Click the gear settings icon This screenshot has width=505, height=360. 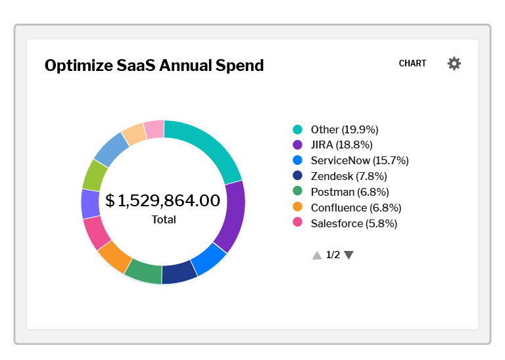coord(454,64)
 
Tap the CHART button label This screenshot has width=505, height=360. coord(412,64)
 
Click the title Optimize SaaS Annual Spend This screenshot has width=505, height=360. coord(154,66)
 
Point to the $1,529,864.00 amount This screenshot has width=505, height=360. coord(163,200)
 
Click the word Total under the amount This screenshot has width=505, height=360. coord(164,219)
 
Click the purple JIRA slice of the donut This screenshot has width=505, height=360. coord(233,217)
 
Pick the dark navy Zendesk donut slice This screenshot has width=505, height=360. coord(179,273)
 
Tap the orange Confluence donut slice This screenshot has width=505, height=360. coord(115,256)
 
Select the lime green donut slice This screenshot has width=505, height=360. coord(95,175)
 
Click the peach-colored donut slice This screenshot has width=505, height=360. coord(134,133)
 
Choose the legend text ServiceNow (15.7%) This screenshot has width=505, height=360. coord(360,160)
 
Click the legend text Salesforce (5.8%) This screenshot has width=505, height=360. coord(354,223)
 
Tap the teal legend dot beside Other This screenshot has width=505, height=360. coord(297,129)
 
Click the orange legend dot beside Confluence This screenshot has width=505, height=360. coord(297,208)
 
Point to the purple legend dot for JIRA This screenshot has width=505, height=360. coord(297,145)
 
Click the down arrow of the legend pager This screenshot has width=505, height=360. coord(349,255)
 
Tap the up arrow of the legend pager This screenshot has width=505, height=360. coord(317,255)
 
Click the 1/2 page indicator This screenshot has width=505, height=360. coord(333,255)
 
